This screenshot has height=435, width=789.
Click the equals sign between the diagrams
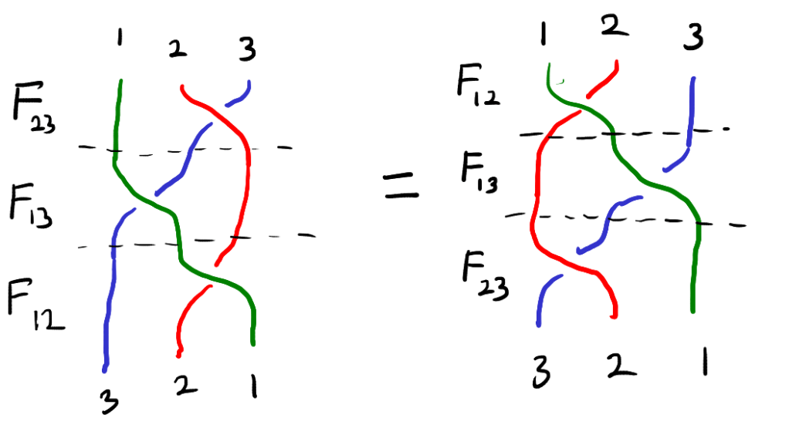401,185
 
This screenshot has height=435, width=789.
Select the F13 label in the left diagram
31,205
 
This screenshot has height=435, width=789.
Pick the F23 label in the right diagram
485,275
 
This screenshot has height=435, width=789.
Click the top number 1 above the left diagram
119,37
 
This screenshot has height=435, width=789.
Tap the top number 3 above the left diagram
247,49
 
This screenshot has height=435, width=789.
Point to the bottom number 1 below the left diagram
254,386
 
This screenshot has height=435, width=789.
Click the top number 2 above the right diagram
615,25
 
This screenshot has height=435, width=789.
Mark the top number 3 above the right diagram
693,37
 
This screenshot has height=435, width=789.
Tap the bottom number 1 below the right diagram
705,362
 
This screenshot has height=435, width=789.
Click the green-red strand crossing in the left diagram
213,274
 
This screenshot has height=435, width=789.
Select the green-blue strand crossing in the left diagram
147,201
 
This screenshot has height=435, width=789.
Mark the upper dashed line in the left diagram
185,149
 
